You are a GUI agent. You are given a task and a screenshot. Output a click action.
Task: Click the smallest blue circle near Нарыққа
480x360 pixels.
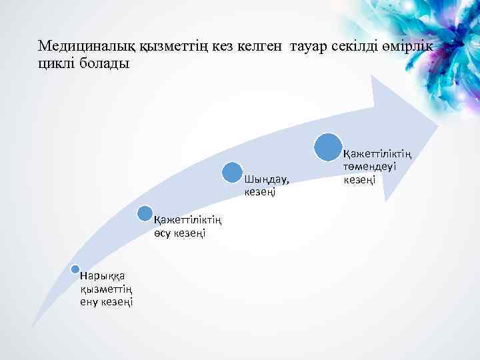(75, 269)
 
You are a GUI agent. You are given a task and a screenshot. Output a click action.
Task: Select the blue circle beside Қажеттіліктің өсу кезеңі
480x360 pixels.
(145, 213)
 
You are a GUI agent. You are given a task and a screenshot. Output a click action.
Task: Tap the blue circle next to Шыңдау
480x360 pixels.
(233, 172)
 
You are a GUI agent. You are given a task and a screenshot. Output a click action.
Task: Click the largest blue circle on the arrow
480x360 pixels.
(329, 147)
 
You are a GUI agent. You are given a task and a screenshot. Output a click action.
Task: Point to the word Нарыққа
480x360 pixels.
(97, 276)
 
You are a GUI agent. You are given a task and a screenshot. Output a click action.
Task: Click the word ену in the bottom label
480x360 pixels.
(89, 302)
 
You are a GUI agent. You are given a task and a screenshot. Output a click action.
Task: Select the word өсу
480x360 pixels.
(163, 233)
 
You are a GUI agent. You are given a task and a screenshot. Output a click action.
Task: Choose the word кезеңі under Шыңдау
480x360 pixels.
(260, 192)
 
